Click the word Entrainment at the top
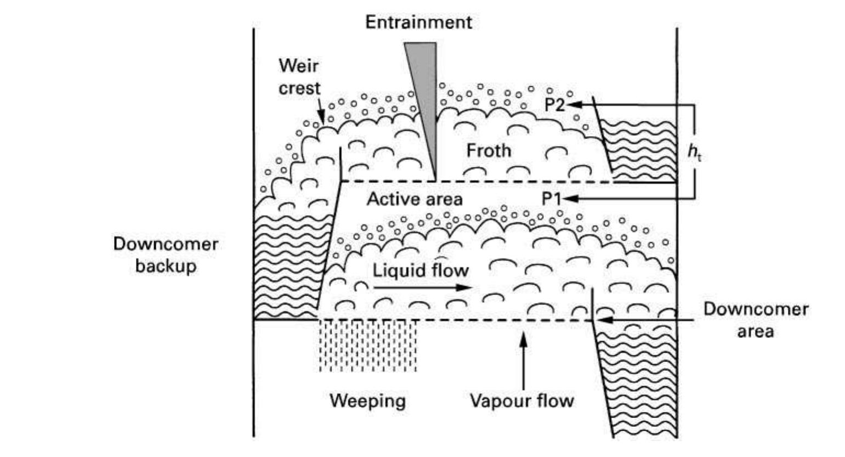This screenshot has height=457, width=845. click(x=418, y=22)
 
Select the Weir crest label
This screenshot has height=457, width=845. click(x=299, y=77)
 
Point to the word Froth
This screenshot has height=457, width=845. click(x=489, y=150)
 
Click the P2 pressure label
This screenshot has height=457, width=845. click(x=554, y=104)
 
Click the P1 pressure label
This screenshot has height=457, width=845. click(x=552, y=199)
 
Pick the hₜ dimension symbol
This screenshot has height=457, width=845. click(x=694, y=152)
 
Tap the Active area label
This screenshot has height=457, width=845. click(x=415, y=199)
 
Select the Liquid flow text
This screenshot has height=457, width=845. click(x=421, y=270)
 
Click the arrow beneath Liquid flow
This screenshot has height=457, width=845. click(x=422, y=287)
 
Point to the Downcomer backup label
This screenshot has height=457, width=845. click(x=166, y=255)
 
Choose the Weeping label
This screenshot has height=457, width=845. click(x=367, y=400)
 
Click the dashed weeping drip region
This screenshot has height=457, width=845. click(x=367, y=346)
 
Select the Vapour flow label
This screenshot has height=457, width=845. click(x=521, y=400)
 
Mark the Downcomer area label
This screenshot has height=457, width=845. click(x=755, y=320)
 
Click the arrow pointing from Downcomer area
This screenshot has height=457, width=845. click(x=647, y=319)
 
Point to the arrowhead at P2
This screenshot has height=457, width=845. click(x=570, y=104)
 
